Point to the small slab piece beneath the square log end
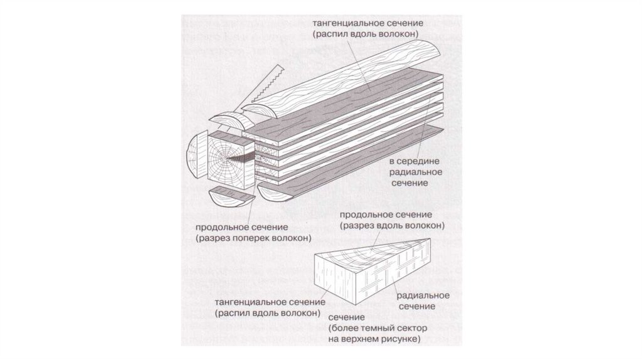tap(229, 196)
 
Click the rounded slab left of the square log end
tap(195, 157)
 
